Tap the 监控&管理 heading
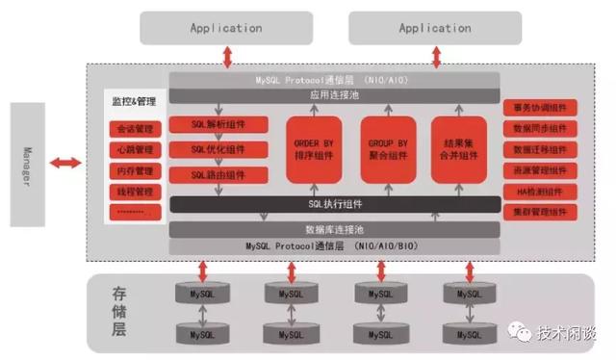coord(135,100)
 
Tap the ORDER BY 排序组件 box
coord(314,149)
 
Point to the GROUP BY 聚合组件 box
coord(388,149)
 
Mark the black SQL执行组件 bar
coord(334,205)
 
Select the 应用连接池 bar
coord(334,95)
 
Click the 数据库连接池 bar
coord(334,230)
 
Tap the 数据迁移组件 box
coord(538,149)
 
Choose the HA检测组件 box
coord(538,192)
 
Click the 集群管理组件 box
coord(538,212)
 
